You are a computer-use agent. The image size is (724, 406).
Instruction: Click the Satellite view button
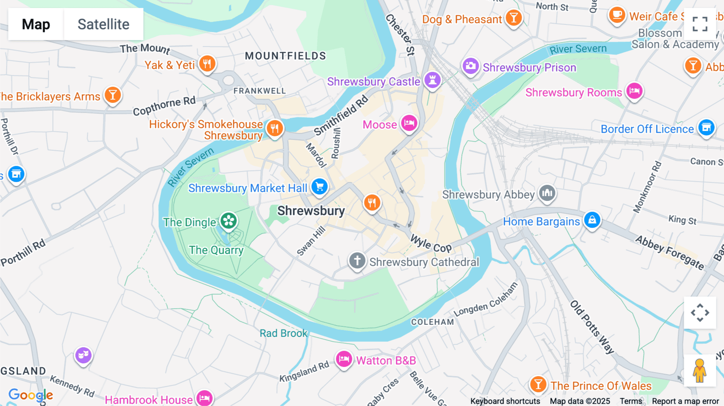tap(103, 24)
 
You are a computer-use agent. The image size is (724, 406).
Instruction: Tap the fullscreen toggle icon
tap(700, 24)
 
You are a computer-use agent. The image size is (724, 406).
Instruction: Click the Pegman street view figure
tap(699, 371)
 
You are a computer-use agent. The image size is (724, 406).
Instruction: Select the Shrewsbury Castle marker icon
tap(432, 80)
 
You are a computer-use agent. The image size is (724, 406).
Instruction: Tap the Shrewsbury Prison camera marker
tap(471, 66)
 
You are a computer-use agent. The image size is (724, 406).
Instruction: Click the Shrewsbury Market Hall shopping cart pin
tap(320, 187)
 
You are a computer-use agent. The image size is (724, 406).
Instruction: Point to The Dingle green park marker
tap(228, 221)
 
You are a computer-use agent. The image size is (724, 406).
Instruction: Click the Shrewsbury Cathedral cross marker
tap(357, 260)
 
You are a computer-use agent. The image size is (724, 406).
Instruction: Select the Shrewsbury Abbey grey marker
tap(547, 193)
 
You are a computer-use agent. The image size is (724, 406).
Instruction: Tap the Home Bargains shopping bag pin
tap(592, 220)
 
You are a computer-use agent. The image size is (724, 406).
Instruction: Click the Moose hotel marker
tap(409, 123)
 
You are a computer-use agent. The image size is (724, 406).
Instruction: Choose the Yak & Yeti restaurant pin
tap(207, 64)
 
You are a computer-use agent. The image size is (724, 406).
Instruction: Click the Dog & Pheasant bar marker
tap(514, 18)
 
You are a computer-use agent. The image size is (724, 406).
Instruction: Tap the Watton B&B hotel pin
tap(344, 359)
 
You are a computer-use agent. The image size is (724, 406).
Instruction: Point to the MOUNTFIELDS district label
tap(286, 56)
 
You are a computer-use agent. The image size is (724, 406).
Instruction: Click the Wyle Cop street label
tap(430, 244)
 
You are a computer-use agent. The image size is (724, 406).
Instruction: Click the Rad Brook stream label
tap(283, 333)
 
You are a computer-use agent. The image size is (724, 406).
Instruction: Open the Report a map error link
tap(685, 401)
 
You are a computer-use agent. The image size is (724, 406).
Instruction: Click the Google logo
tap(31, 395)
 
